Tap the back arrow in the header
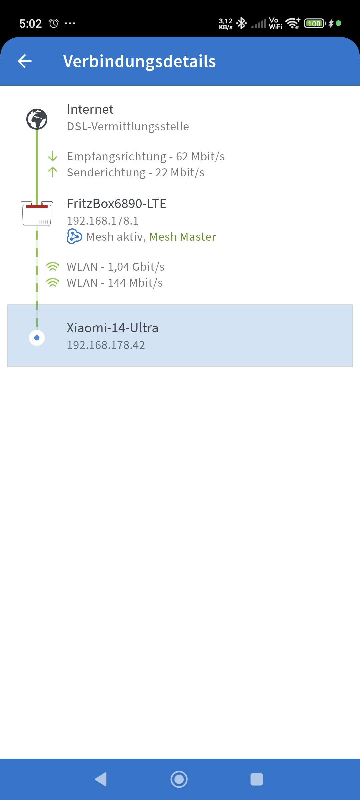click(25, 61)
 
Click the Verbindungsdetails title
click(139, 61)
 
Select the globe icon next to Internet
click(37, 119)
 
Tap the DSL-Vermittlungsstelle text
click(128, 127)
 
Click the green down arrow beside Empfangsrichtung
click(53, 156)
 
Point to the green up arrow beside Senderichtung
click(53, 172)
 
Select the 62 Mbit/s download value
click(200, 156)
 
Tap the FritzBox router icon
click(37, 213)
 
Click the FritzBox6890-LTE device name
click(116, 204)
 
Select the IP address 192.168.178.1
click(103, 221)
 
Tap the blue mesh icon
click(74, 236)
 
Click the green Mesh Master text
click(182, 237)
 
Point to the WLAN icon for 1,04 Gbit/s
click(53, 267)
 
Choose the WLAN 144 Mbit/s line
click(115, 283)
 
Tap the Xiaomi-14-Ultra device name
click(112, 328)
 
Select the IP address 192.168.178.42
click(106, 345)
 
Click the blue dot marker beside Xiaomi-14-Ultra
click(37, 338)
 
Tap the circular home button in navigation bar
click(179, 779)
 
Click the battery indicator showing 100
click(314, 23)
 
